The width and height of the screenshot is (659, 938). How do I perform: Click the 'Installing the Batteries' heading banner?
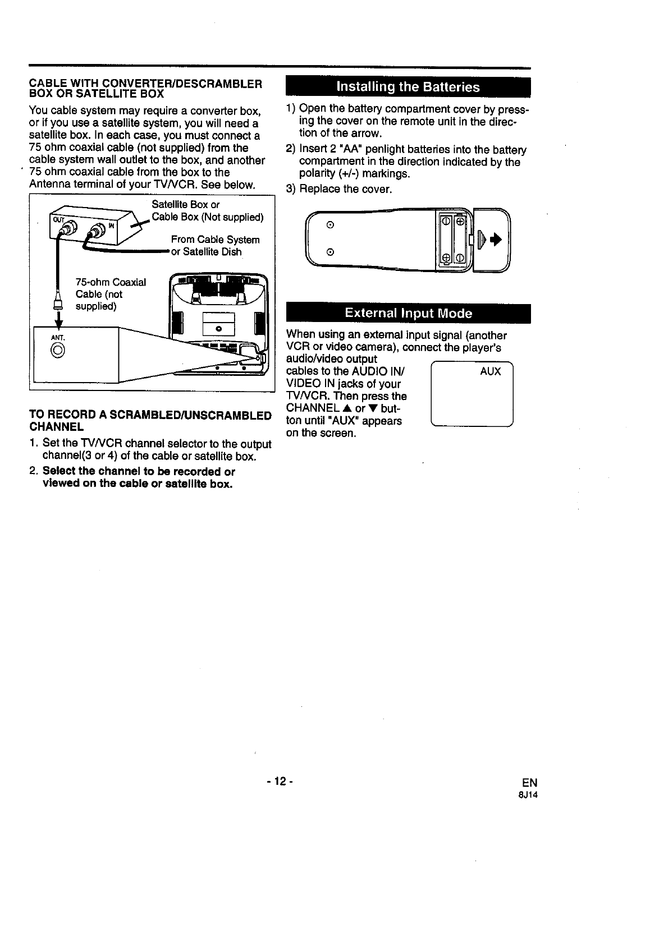click(408, 87)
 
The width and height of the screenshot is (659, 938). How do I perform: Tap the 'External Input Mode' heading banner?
click(408, 313)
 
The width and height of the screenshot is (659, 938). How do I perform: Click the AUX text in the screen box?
click(490, 371)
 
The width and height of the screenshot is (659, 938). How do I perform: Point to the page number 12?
click(277, 782)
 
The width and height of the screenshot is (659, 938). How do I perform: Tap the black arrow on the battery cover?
click(495, 240)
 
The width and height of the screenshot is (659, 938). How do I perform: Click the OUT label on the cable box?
click(58, 219)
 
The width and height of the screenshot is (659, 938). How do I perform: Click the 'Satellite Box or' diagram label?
click(185, 205)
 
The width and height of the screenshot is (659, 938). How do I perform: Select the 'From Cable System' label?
click(215, 240)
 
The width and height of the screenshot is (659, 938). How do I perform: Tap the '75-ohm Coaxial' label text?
click(111, 282)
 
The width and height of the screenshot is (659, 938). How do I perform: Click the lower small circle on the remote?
click(330, 251)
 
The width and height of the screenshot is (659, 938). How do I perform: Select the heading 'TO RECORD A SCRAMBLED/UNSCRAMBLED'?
click(150, 416)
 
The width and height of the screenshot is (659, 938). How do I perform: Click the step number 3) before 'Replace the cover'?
click(291, 189)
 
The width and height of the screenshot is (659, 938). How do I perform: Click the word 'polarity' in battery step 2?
click(317, 174)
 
